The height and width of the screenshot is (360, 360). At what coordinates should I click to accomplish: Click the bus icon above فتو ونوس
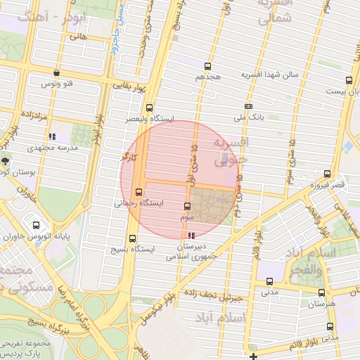(56, 72)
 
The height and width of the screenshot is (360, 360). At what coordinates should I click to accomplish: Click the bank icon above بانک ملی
(248, 107)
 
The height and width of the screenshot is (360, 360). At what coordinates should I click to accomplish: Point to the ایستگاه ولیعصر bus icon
(149, 108)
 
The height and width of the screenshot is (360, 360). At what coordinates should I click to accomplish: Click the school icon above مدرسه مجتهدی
(51, 137)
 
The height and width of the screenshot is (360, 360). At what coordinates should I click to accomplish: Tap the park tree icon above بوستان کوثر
(6, 161)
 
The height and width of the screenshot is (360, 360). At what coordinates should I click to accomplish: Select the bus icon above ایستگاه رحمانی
(138, 191)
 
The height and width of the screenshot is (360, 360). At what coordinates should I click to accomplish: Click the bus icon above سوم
(186, 207)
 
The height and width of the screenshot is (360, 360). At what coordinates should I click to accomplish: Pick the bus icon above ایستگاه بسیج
(133, 238)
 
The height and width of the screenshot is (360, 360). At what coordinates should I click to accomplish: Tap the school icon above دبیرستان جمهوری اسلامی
(191, 236)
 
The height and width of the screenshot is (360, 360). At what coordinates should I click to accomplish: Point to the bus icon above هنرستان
(321, 292)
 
